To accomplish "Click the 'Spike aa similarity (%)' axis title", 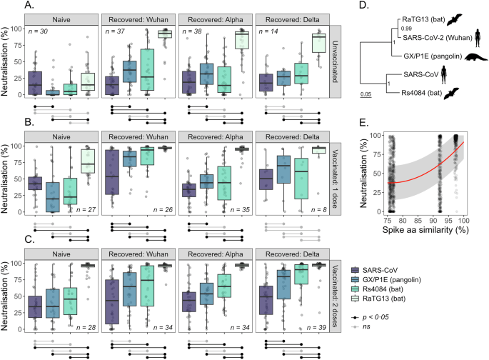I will (x=419, y=231).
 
